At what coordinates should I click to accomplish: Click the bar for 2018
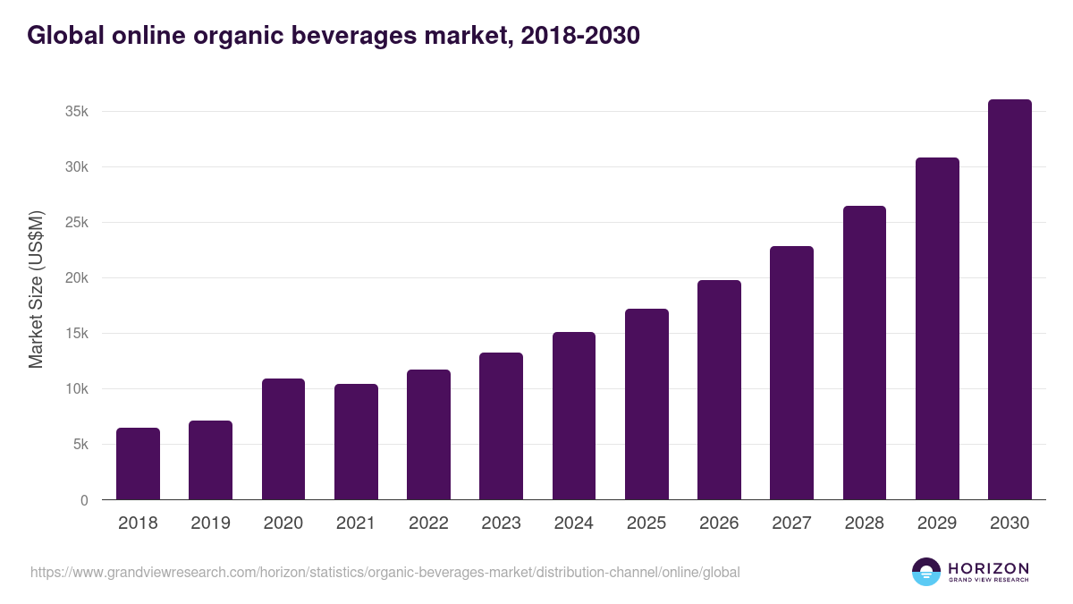tap(138, 464)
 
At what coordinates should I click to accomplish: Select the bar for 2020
tap(283, 439)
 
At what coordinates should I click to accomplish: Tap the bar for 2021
tap(356, 442)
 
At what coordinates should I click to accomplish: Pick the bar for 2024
tap(574, 416)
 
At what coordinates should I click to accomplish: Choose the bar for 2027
tap(792, 373)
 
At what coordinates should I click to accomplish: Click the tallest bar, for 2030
tap(1010, 300)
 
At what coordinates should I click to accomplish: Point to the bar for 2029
tap(937, 328)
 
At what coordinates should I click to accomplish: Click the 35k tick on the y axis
tap(77, 112)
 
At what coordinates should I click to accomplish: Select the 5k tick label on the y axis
tap(80, 445)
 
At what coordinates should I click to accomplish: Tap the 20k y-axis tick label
tap(77, 278)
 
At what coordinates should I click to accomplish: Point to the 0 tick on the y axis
tap(84, 500)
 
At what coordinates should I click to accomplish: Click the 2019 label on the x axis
tap(211, 523)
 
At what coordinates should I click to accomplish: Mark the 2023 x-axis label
tap(501, 523)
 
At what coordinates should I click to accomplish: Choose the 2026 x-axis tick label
tap(719, 523)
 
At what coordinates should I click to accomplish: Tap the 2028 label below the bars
tap(865, 523)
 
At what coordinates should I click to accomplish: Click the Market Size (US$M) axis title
tap(36, 289)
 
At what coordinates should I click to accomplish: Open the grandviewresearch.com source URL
tap(384, 572)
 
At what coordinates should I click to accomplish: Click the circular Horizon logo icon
tap(926, 572)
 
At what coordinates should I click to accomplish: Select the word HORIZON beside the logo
tap(988, 567)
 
